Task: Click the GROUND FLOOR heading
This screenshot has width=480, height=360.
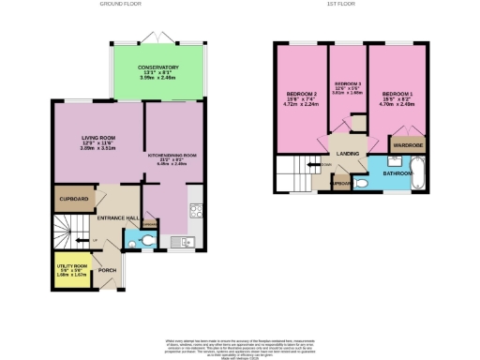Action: (124, 4)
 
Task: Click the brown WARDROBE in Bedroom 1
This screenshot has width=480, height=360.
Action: (405, 145)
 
